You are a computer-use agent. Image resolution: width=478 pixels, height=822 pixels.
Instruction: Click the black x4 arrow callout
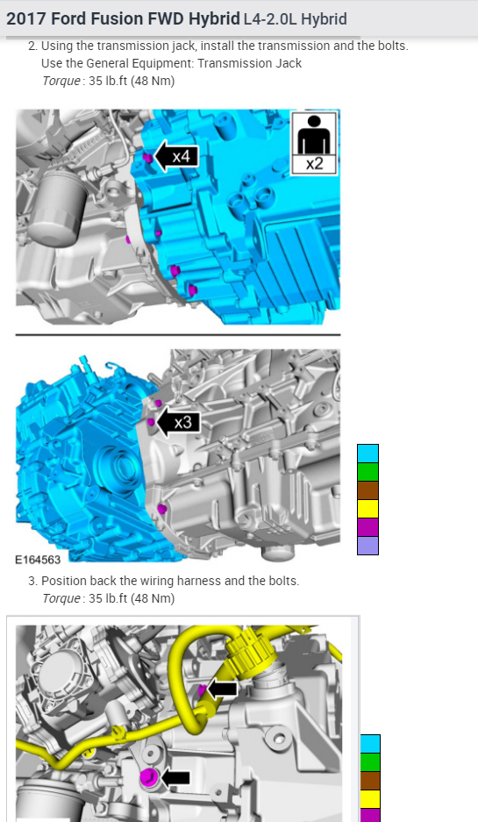click(175, 155)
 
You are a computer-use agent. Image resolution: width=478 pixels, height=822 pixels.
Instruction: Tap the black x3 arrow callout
click(178, 422)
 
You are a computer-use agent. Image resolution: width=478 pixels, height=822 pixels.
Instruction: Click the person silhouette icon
click(314, 134)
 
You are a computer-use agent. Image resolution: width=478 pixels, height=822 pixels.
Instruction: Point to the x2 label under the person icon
click(314, 164)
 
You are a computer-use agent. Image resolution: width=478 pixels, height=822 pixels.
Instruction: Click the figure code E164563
click(38, 560)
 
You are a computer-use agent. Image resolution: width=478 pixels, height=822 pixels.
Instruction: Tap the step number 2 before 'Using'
click(32, 46)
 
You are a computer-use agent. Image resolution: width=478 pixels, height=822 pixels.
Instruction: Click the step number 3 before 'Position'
click(32, 581)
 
